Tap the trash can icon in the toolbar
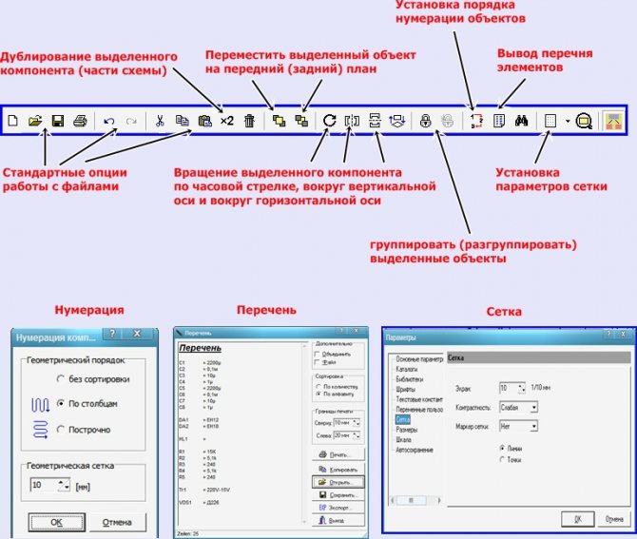pos(249,121)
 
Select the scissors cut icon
pos(160,121)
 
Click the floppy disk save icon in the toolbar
pos(58,121)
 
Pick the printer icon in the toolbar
pos(81,121)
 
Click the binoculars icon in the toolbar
pos(521,121)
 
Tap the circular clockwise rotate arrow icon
pos(329,121)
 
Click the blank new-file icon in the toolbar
pos(13,121)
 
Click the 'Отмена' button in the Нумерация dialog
pos(117,522)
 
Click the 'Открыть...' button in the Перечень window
pos(337,482)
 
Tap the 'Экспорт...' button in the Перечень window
pos(337,509)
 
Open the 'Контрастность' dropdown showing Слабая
pos(519,407)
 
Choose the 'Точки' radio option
pos(503,459)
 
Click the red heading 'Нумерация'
pos(88,310)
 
